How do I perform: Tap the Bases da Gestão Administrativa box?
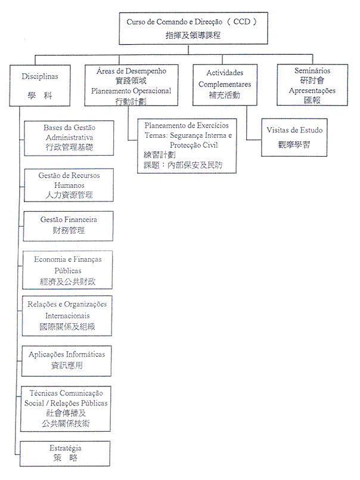point(70,138)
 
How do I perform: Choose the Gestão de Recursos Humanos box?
point(69,185)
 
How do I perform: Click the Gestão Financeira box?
point(69,225)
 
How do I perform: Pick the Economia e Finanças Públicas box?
point(69,270)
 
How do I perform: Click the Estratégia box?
point(66,453)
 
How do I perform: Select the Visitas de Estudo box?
point(294,138)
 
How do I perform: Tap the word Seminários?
point(312,71)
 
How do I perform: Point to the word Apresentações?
point(312,91)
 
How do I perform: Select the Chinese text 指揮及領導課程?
point(193,36)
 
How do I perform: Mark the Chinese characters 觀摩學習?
point(294,145)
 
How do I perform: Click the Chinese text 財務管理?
point(69,230)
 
